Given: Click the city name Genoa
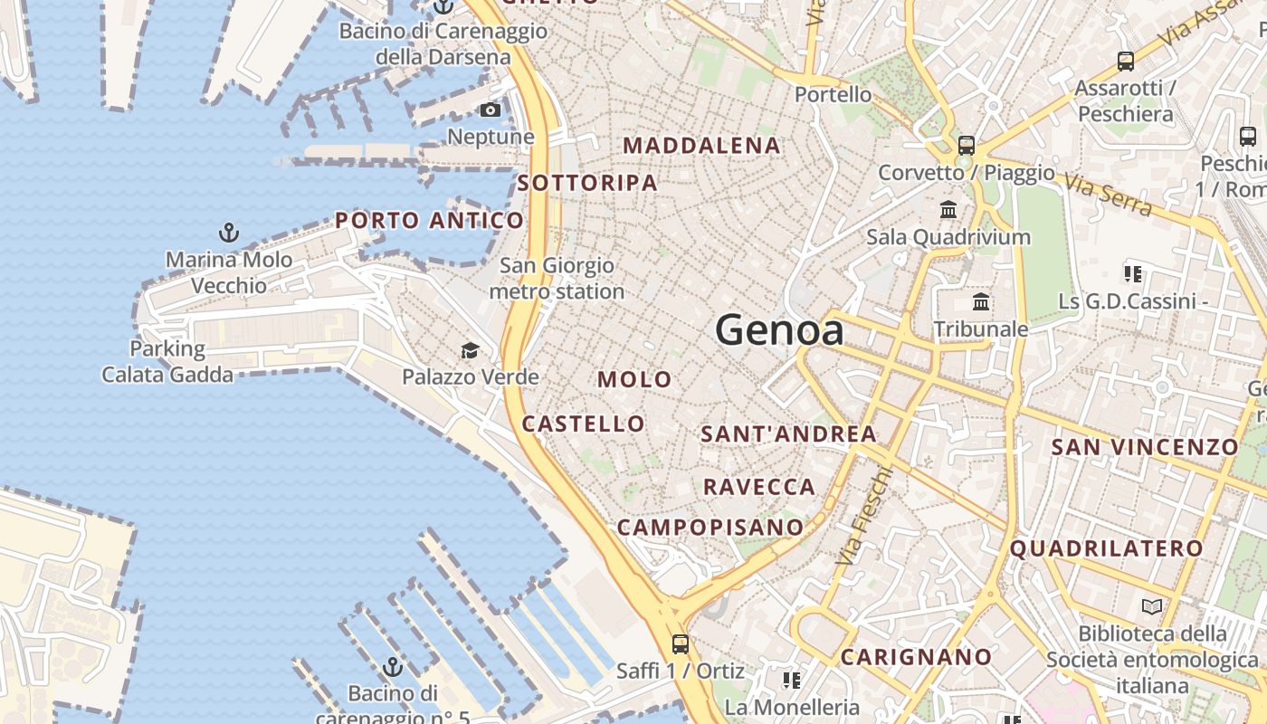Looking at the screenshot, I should pos(779,330).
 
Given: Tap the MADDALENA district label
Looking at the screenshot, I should pos(701,146).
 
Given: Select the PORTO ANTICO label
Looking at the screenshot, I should pos(429,220).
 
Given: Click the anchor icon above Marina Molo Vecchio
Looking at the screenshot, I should pos(229,233).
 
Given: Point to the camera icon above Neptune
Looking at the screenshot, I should pos(491,110).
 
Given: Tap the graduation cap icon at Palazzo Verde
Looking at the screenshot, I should pos(470,350).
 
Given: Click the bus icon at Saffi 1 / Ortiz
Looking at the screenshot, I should pos(681,644).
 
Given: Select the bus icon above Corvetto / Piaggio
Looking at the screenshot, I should pos(967,145).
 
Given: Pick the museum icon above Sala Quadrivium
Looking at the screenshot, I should pos(948,210).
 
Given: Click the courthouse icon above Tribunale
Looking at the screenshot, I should pos(981,301).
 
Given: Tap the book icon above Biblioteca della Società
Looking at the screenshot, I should pos(1151,606).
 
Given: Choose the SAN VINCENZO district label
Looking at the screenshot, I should pos(1145,447).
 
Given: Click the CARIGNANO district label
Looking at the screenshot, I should pos(916,657).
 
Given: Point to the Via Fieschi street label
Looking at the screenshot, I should pos(863,516).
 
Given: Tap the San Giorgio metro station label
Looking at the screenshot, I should pos(557,279).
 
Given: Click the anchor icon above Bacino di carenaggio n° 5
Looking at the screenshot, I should pos(393,668).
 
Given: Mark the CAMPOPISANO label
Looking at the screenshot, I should pos(710,527).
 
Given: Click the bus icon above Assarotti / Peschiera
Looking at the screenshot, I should pos(1126,62).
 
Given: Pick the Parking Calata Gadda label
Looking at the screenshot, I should pos(167,361).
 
